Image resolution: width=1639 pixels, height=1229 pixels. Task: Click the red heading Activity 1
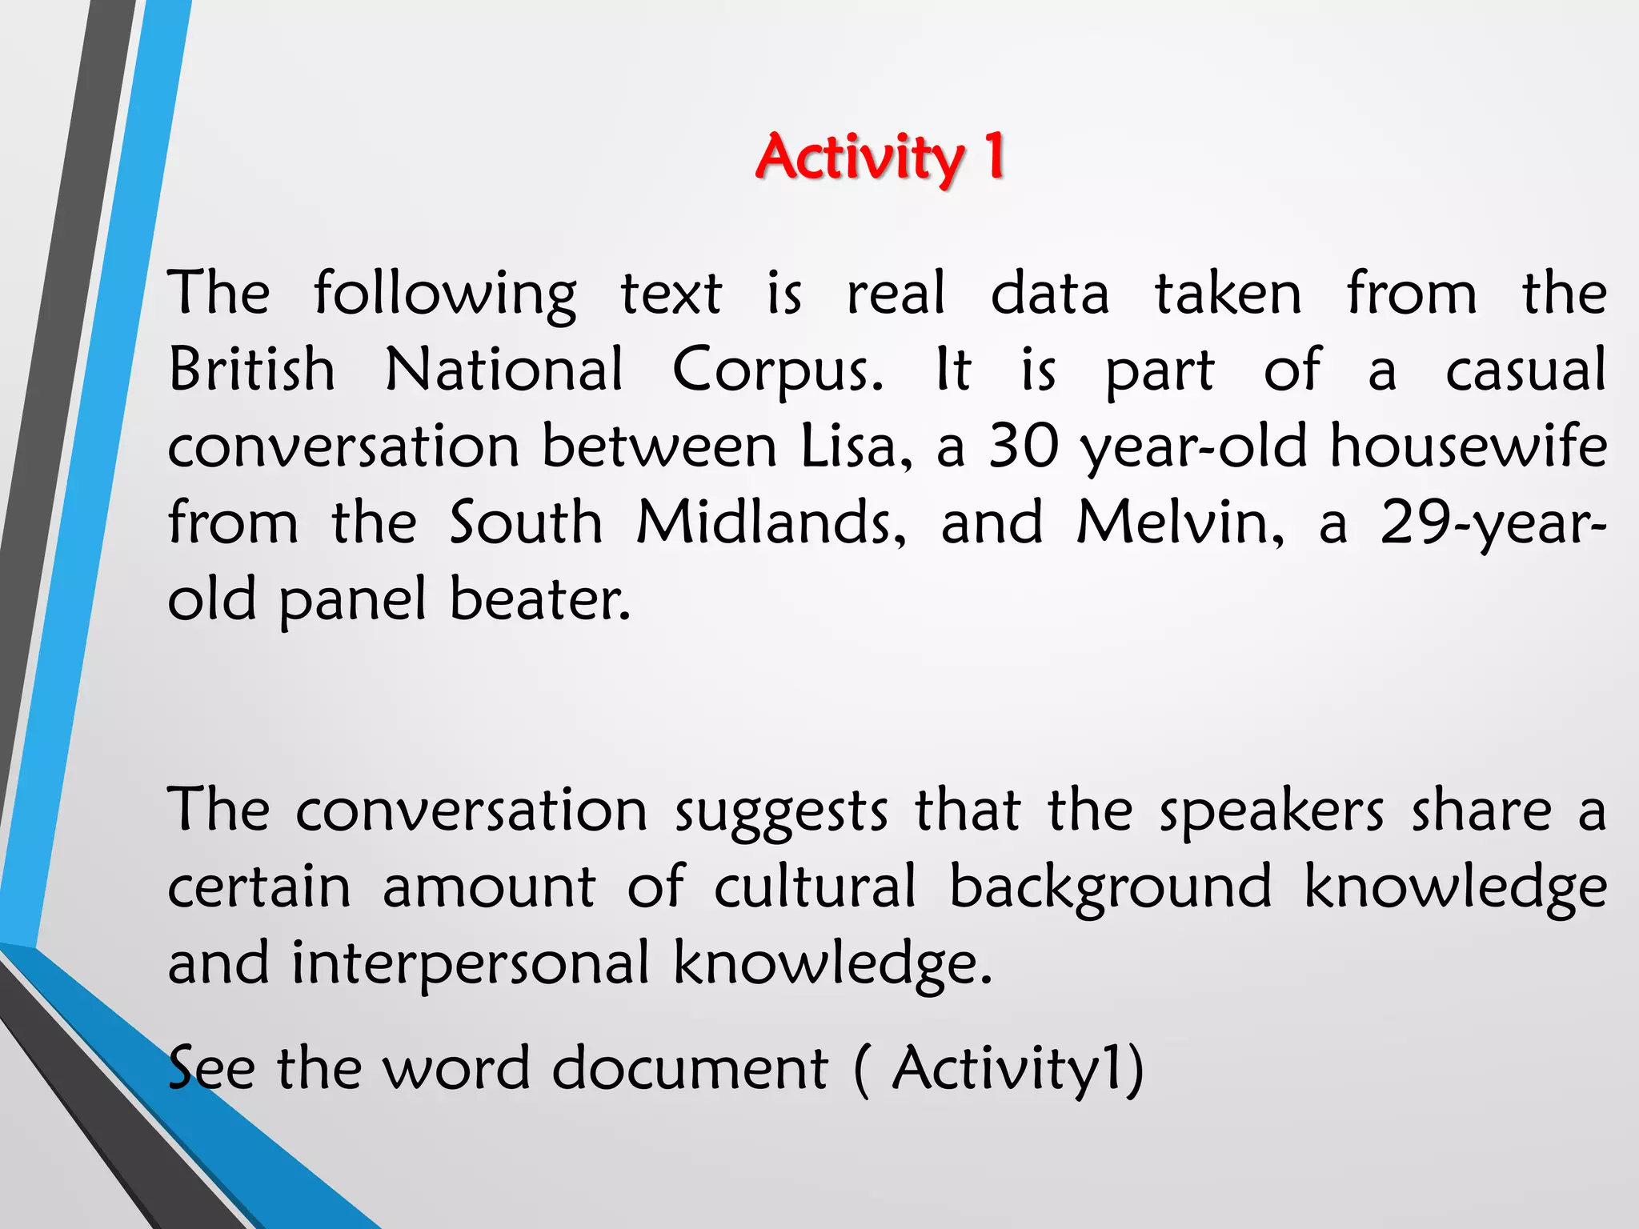[x=880, y=157]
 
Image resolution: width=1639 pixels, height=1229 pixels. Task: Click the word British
[x=251, y=370]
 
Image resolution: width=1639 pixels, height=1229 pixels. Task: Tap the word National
[x=504, y=370]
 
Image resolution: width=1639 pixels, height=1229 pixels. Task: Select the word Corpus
[x=777, y=371]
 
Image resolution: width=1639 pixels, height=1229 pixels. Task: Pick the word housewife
[x=1468, y=446]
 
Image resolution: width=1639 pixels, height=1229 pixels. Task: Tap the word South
[x=525, y=522]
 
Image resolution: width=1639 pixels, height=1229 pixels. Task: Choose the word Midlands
[x=771, y=522]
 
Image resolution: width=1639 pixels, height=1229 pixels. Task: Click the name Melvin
[x=1180, y=522]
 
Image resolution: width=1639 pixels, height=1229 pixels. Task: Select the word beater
[x=540, y=598]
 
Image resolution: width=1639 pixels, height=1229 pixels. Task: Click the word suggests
[x=781, y=811]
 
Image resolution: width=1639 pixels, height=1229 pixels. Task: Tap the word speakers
[x=1272, y=811]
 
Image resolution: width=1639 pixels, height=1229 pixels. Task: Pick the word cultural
[x=815, y=887]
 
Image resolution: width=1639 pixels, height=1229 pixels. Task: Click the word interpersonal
[x=470, y=963]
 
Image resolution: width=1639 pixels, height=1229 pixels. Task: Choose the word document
[x=690, y=1067]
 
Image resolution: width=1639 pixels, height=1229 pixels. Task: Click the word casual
[x=1525, y=370]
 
